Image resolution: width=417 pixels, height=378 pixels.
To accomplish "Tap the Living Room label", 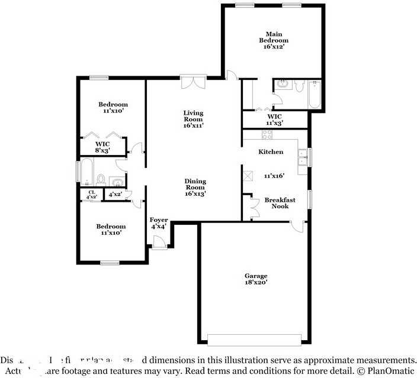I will click(x=193, y=119).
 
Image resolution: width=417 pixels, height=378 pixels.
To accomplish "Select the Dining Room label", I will click(x=195, y=187).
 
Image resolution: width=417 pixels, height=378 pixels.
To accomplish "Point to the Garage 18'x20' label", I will click(x=256, y=279).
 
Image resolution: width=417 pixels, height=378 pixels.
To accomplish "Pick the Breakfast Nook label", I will click(x=280, y=203).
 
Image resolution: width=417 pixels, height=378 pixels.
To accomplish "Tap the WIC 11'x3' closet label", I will click(x=274, y=119).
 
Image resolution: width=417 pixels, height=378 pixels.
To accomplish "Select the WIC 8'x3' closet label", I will click(x=103, y=147).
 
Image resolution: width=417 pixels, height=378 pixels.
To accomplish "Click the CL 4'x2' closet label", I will click(x=91, y=194).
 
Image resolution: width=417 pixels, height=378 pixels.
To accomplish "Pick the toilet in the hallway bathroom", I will click(x=101, y=179).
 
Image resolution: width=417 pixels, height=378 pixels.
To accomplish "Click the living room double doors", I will click(x=194, y=82).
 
